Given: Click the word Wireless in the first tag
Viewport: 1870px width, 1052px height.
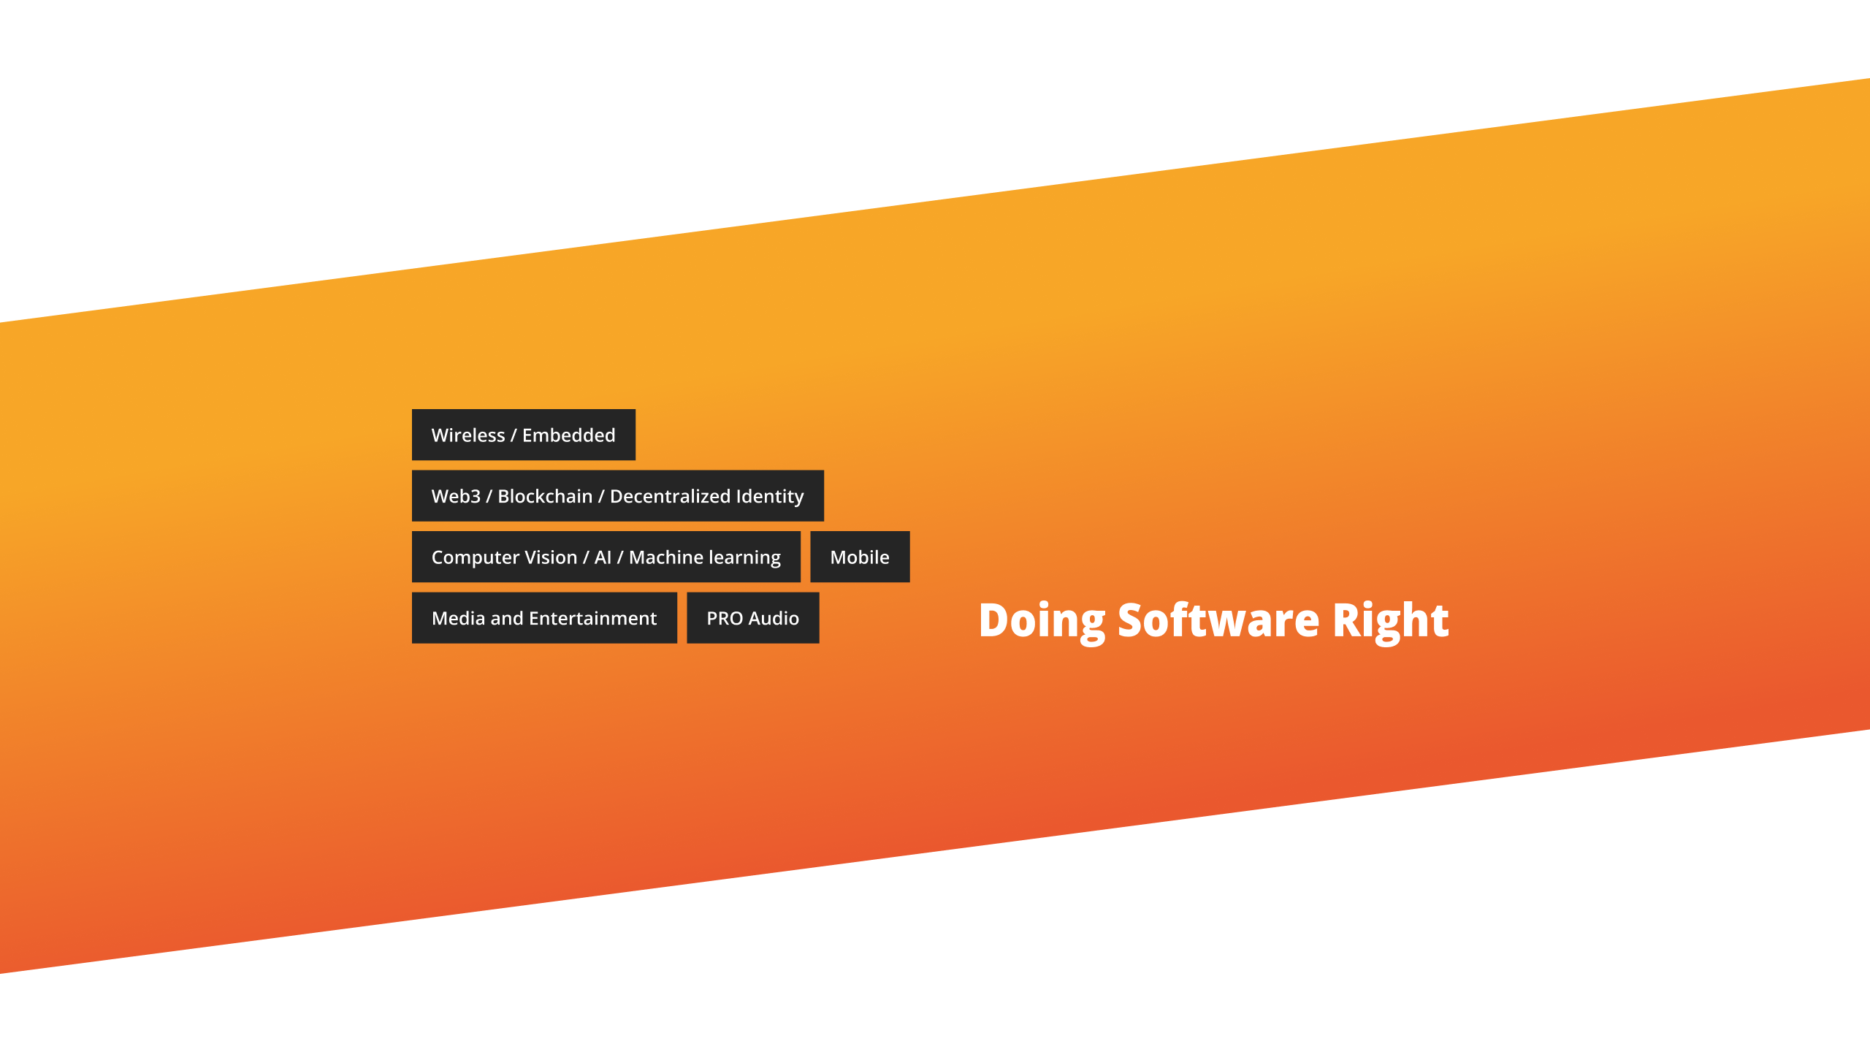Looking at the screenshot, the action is point(468,435).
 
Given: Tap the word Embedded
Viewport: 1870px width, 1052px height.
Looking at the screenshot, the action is point(569,435).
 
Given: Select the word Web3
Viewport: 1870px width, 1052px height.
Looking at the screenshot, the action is point(456,497).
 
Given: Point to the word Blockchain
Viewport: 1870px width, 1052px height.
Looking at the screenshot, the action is point(545,497).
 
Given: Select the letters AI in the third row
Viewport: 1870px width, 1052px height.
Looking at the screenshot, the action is point(603,557).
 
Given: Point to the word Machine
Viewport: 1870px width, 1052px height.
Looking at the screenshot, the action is point(666,557).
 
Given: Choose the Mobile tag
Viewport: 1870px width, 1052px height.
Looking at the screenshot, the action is point(860,557).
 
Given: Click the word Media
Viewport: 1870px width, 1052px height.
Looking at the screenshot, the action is point(459,619).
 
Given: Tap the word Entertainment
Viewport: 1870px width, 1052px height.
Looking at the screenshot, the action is point(593,619).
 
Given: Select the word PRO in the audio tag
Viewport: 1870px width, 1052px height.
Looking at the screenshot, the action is point(725,619).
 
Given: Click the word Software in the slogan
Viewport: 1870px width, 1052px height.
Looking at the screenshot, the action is point(1218,620).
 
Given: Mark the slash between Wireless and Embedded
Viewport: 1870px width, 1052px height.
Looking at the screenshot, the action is point(514,435).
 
